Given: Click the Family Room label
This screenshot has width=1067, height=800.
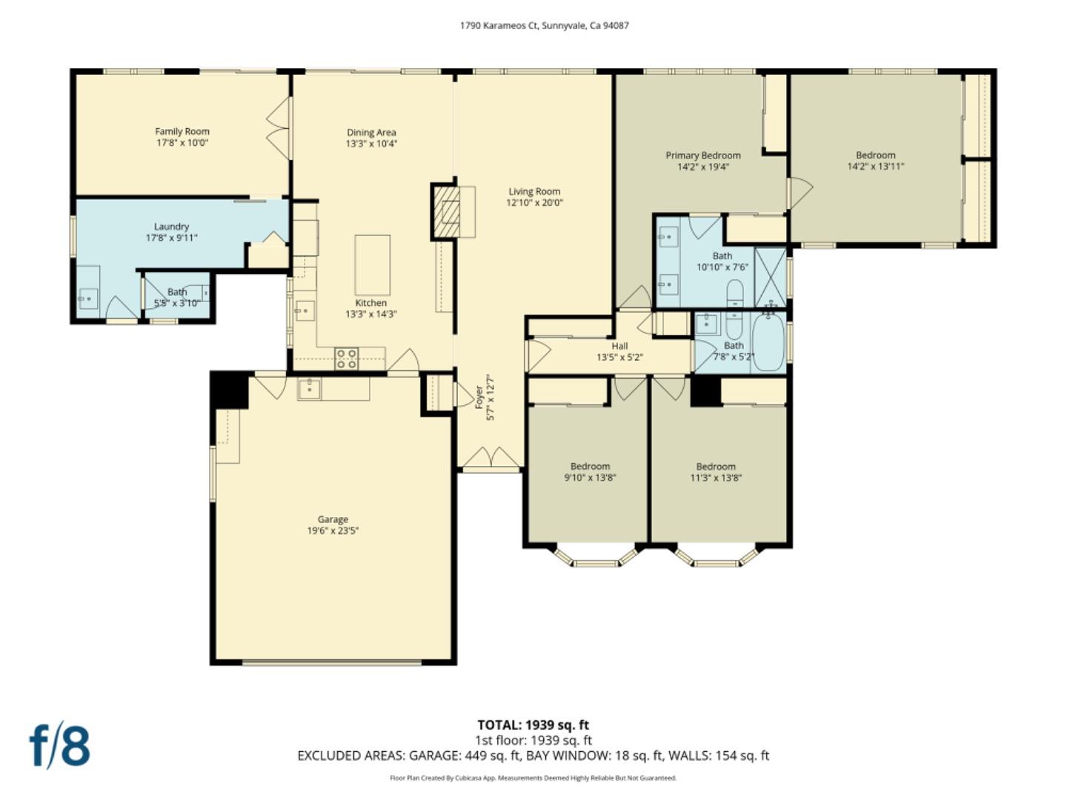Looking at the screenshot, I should click(182, 132).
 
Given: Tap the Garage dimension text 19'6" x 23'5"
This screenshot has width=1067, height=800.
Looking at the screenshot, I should click(333, 531).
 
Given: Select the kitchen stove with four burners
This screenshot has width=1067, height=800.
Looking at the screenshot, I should click(346, 359).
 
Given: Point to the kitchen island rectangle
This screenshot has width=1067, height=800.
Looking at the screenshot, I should click(372, 265).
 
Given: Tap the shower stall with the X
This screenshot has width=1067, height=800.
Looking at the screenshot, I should click(770, 277).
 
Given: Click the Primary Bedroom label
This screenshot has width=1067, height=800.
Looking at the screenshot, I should click(702, 156).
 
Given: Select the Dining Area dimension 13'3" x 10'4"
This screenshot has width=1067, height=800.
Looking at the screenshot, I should click(371, 144).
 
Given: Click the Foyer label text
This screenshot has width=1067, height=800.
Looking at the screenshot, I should click(479, 397).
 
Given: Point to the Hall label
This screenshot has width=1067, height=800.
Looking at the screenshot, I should click(619, 346).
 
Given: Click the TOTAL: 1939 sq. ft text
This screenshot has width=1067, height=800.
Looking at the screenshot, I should click(533, 725).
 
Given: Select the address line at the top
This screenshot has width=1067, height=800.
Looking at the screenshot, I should click(544, 25).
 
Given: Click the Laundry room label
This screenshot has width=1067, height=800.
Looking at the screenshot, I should click(171, 227).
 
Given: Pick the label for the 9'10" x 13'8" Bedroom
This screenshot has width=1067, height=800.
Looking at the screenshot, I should click(590, 467).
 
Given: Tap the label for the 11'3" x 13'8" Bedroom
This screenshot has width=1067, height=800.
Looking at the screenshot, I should click(715, 467).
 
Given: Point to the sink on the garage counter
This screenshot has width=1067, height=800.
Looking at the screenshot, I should click(309, 388).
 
